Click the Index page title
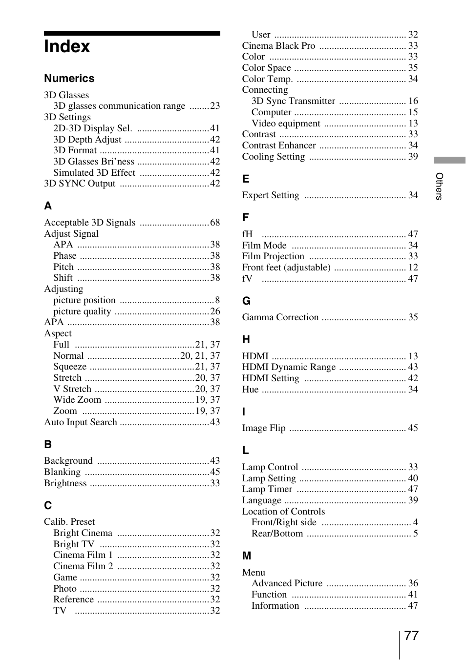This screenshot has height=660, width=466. pos(67,47)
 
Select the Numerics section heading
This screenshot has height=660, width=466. pos(69,79)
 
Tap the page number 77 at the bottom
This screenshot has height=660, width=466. pos(411,636)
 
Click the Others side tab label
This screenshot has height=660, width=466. pos(439,186)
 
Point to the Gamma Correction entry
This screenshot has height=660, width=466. pos(280,317)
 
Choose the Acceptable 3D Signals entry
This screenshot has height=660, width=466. pos(90,223)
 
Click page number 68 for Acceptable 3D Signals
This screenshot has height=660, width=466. pos(215,223)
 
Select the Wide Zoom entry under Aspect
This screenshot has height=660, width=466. pos(77,400)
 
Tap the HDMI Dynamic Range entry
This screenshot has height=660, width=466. pos(289,367)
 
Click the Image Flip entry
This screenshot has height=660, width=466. pos(264,428)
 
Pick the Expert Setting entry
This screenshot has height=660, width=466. pos(271,195)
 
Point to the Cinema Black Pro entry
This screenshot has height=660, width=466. pos(278,46)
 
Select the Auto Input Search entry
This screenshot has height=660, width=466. pos(81,422)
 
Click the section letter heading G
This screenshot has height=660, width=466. pos(246,301)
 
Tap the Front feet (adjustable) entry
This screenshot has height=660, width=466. pos(286,268)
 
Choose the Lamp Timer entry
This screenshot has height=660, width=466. pos(267,489)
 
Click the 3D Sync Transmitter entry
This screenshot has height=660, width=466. pos(293,101)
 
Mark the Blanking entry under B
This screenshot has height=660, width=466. pos(63,472)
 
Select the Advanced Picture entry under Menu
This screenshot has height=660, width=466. pos(287,583)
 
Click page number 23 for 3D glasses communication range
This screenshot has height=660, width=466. pos(215,106)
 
